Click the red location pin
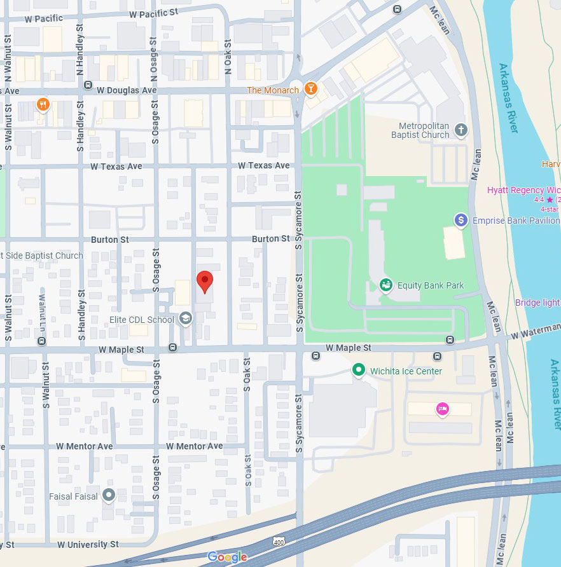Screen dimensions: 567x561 tap(204, 281)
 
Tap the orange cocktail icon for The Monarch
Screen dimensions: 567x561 tap(311, 89)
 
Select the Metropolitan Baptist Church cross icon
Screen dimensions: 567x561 tap(461, 131)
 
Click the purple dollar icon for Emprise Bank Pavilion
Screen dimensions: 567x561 tap(461, 221)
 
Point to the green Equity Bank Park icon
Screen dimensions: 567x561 tap(385, 285)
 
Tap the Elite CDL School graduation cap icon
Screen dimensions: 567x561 tap(185, 318)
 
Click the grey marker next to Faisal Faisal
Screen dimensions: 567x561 tap(109, 495)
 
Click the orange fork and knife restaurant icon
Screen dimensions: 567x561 tap(43, 104)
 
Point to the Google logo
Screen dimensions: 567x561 tap(227, 557)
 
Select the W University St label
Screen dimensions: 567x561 tap(88, 545)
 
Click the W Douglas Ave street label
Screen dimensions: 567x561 tap(127, 90)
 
